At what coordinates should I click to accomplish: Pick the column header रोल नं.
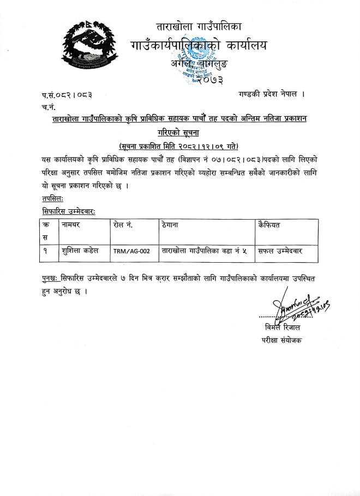[x=123, y=225]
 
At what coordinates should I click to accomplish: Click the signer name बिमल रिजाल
[x=281, y=328]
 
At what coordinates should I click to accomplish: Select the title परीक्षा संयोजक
[x=281, y=341]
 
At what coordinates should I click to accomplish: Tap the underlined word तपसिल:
[x=52, y=198]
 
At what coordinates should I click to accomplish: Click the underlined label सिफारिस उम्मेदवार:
[x=69, y=210]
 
